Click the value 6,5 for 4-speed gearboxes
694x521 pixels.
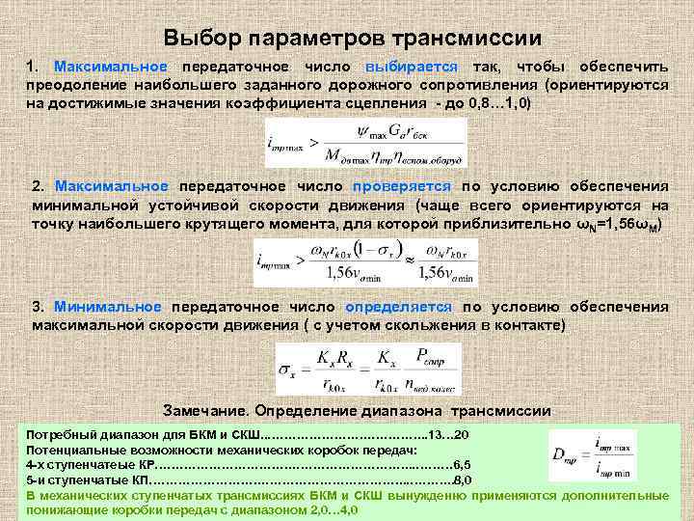tap(461, 464)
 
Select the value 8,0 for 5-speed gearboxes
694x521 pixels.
tap(462, 480)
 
